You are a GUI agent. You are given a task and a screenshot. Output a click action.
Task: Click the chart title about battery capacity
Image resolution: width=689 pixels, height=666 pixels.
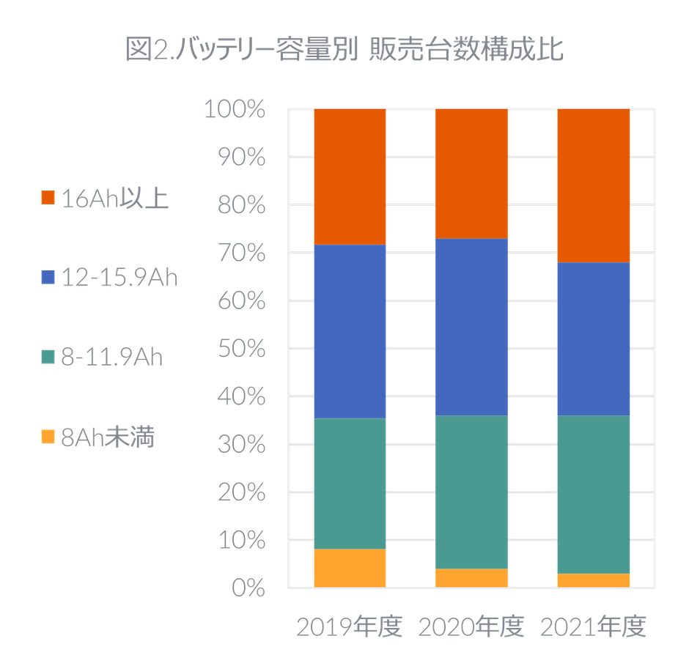344,51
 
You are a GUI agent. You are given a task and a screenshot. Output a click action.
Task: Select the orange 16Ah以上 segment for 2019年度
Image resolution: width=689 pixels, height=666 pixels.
350,177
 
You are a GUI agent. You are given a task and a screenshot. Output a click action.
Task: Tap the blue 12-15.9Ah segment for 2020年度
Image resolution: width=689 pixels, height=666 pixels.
471,327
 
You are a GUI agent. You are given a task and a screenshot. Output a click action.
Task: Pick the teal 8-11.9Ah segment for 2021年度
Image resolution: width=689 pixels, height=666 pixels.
593,495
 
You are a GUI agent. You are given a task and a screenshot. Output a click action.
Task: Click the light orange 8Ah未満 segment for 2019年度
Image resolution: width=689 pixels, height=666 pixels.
350,568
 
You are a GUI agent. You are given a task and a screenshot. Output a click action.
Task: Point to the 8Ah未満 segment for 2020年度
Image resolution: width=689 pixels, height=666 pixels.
471,577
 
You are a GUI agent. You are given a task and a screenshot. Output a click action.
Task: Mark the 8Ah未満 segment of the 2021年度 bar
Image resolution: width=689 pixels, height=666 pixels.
593,580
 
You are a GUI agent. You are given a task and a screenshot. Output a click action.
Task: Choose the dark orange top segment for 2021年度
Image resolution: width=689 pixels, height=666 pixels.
593,185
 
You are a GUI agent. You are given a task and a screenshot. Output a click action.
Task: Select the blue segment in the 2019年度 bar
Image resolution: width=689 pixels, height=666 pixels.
350,331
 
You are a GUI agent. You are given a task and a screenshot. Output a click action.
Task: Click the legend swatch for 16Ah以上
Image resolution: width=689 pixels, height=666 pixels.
48,198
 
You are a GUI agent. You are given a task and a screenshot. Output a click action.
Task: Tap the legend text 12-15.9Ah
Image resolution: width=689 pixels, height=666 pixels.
120,278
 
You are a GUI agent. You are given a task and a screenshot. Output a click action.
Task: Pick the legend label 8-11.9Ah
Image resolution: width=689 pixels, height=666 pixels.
112,358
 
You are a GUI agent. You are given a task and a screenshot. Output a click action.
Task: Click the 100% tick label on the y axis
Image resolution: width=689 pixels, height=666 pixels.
234,110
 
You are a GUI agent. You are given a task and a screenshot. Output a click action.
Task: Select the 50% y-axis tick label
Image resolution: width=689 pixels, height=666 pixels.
240,349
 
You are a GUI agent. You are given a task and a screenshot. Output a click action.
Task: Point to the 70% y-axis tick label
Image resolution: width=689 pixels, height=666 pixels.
240,254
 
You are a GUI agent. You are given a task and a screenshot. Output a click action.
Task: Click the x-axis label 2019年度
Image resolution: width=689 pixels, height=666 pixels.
350,627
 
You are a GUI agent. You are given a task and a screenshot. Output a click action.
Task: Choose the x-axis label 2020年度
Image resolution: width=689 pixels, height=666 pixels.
471,627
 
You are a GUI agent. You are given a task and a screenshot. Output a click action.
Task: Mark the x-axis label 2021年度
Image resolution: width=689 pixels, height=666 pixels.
593,627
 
